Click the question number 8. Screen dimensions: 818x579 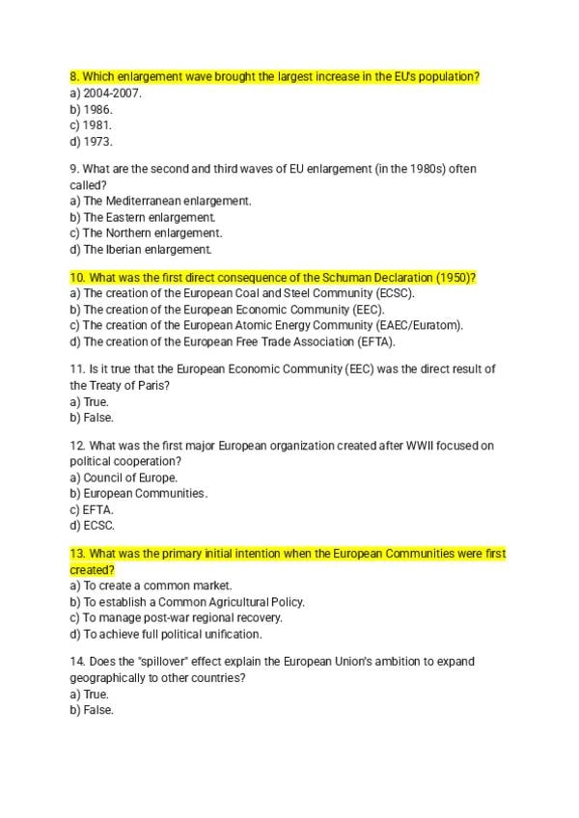(75, 76)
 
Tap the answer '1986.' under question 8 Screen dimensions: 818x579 (97, 109)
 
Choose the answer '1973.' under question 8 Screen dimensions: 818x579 (97, 142)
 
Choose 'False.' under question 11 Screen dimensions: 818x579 (98, 418)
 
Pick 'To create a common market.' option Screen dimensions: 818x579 (157, 586)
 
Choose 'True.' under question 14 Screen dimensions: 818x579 (96, 694)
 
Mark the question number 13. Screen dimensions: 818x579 (77, 554)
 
